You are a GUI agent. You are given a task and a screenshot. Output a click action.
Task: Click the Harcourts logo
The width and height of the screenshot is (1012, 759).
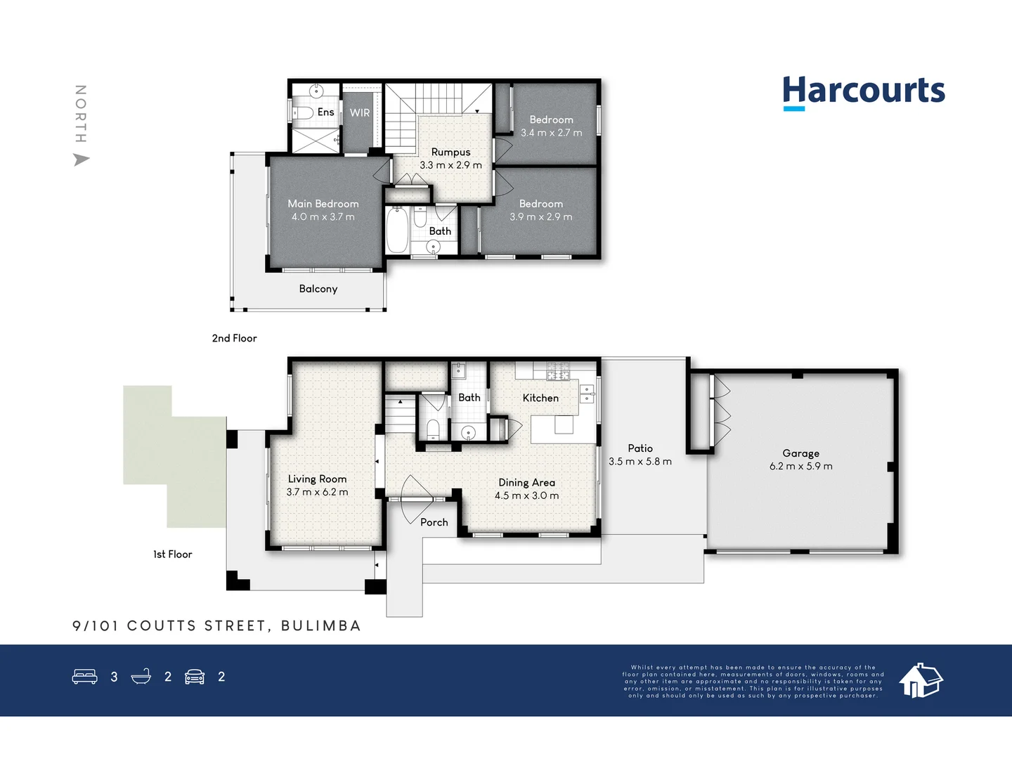pos(863,92)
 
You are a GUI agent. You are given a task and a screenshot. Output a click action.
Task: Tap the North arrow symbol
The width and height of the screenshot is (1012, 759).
pos(82,160)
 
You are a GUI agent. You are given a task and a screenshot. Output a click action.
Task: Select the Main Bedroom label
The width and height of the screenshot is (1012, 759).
pos(323,204)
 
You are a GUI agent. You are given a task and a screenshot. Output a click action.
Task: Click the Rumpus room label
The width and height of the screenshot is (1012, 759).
pos(450,152)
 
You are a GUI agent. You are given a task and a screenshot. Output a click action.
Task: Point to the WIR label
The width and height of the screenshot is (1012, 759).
pos(360,112)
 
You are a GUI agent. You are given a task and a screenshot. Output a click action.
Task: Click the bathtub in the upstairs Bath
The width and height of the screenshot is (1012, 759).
pos(397,230)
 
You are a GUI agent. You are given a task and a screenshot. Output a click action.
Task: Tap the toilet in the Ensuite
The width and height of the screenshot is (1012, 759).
pos(302,113)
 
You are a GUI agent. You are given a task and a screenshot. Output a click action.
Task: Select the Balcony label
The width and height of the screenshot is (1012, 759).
pos(318,289)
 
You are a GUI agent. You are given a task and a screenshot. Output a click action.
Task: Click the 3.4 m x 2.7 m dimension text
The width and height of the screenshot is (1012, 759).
pos(552,133)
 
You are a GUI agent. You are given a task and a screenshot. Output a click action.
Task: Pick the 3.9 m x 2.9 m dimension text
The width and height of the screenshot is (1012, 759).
pos(541,217)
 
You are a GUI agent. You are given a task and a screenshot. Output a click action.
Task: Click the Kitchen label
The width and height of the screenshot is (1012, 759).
pos(540,398)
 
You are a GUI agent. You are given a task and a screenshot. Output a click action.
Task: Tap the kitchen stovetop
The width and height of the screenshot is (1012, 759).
pos(558,371)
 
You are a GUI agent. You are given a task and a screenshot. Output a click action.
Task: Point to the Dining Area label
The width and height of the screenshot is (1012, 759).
pos(526,482)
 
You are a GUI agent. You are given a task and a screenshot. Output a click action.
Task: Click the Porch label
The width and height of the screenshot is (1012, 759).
pos(434,522)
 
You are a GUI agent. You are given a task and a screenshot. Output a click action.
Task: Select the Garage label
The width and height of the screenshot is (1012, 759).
pos(800,453)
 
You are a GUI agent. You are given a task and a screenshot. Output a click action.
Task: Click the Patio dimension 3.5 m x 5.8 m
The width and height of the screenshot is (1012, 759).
pos(640,462)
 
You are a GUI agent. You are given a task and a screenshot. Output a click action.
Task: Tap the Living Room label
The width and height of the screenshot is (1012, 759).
pos(317,479)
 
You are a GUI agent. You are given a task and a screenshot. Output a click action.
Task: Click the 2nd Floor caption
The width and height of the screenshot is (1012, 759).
pos(234,338)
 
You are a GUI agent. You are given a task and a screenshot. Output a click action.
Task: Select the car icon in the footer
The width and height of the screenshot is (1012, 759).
pos(195,677)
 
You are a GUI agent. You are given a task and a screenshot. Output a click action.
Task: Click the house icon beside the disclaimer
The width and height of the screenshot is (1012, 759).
pos(921,680)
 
